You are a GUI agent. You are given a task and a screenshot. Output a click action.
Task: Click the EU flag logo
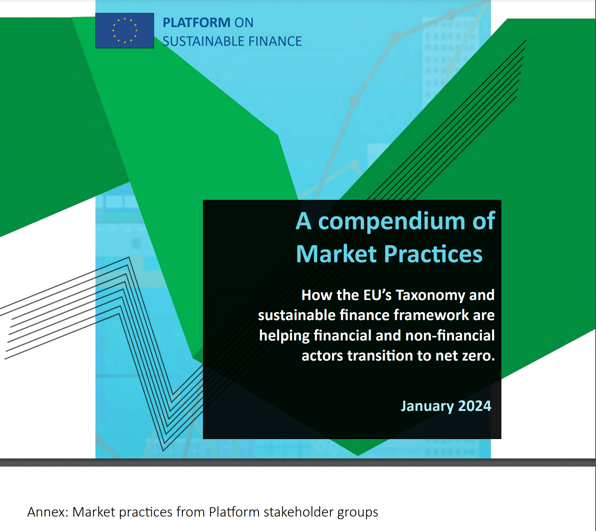124,31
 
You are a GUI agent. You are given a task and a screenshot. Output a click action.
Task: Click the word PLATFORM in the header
196,23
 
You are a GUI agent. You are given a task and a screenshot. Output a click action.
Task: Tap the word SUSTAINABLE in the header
203,41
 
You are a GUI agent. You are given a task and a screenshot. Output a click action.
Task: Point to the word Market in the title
336,254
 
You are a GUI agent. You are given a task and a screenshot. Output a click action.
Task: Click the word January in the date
427,406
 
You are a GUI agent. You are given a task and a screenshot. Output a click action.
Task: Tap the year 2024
474,406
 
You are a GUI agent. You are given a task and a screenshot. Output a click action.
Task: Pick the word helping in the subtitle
284,336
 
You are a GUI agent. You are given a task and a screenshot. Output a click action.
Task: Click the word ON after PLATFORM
244,23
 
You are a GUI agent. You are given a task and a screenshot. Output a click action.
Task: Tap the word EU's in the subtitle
377,295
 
